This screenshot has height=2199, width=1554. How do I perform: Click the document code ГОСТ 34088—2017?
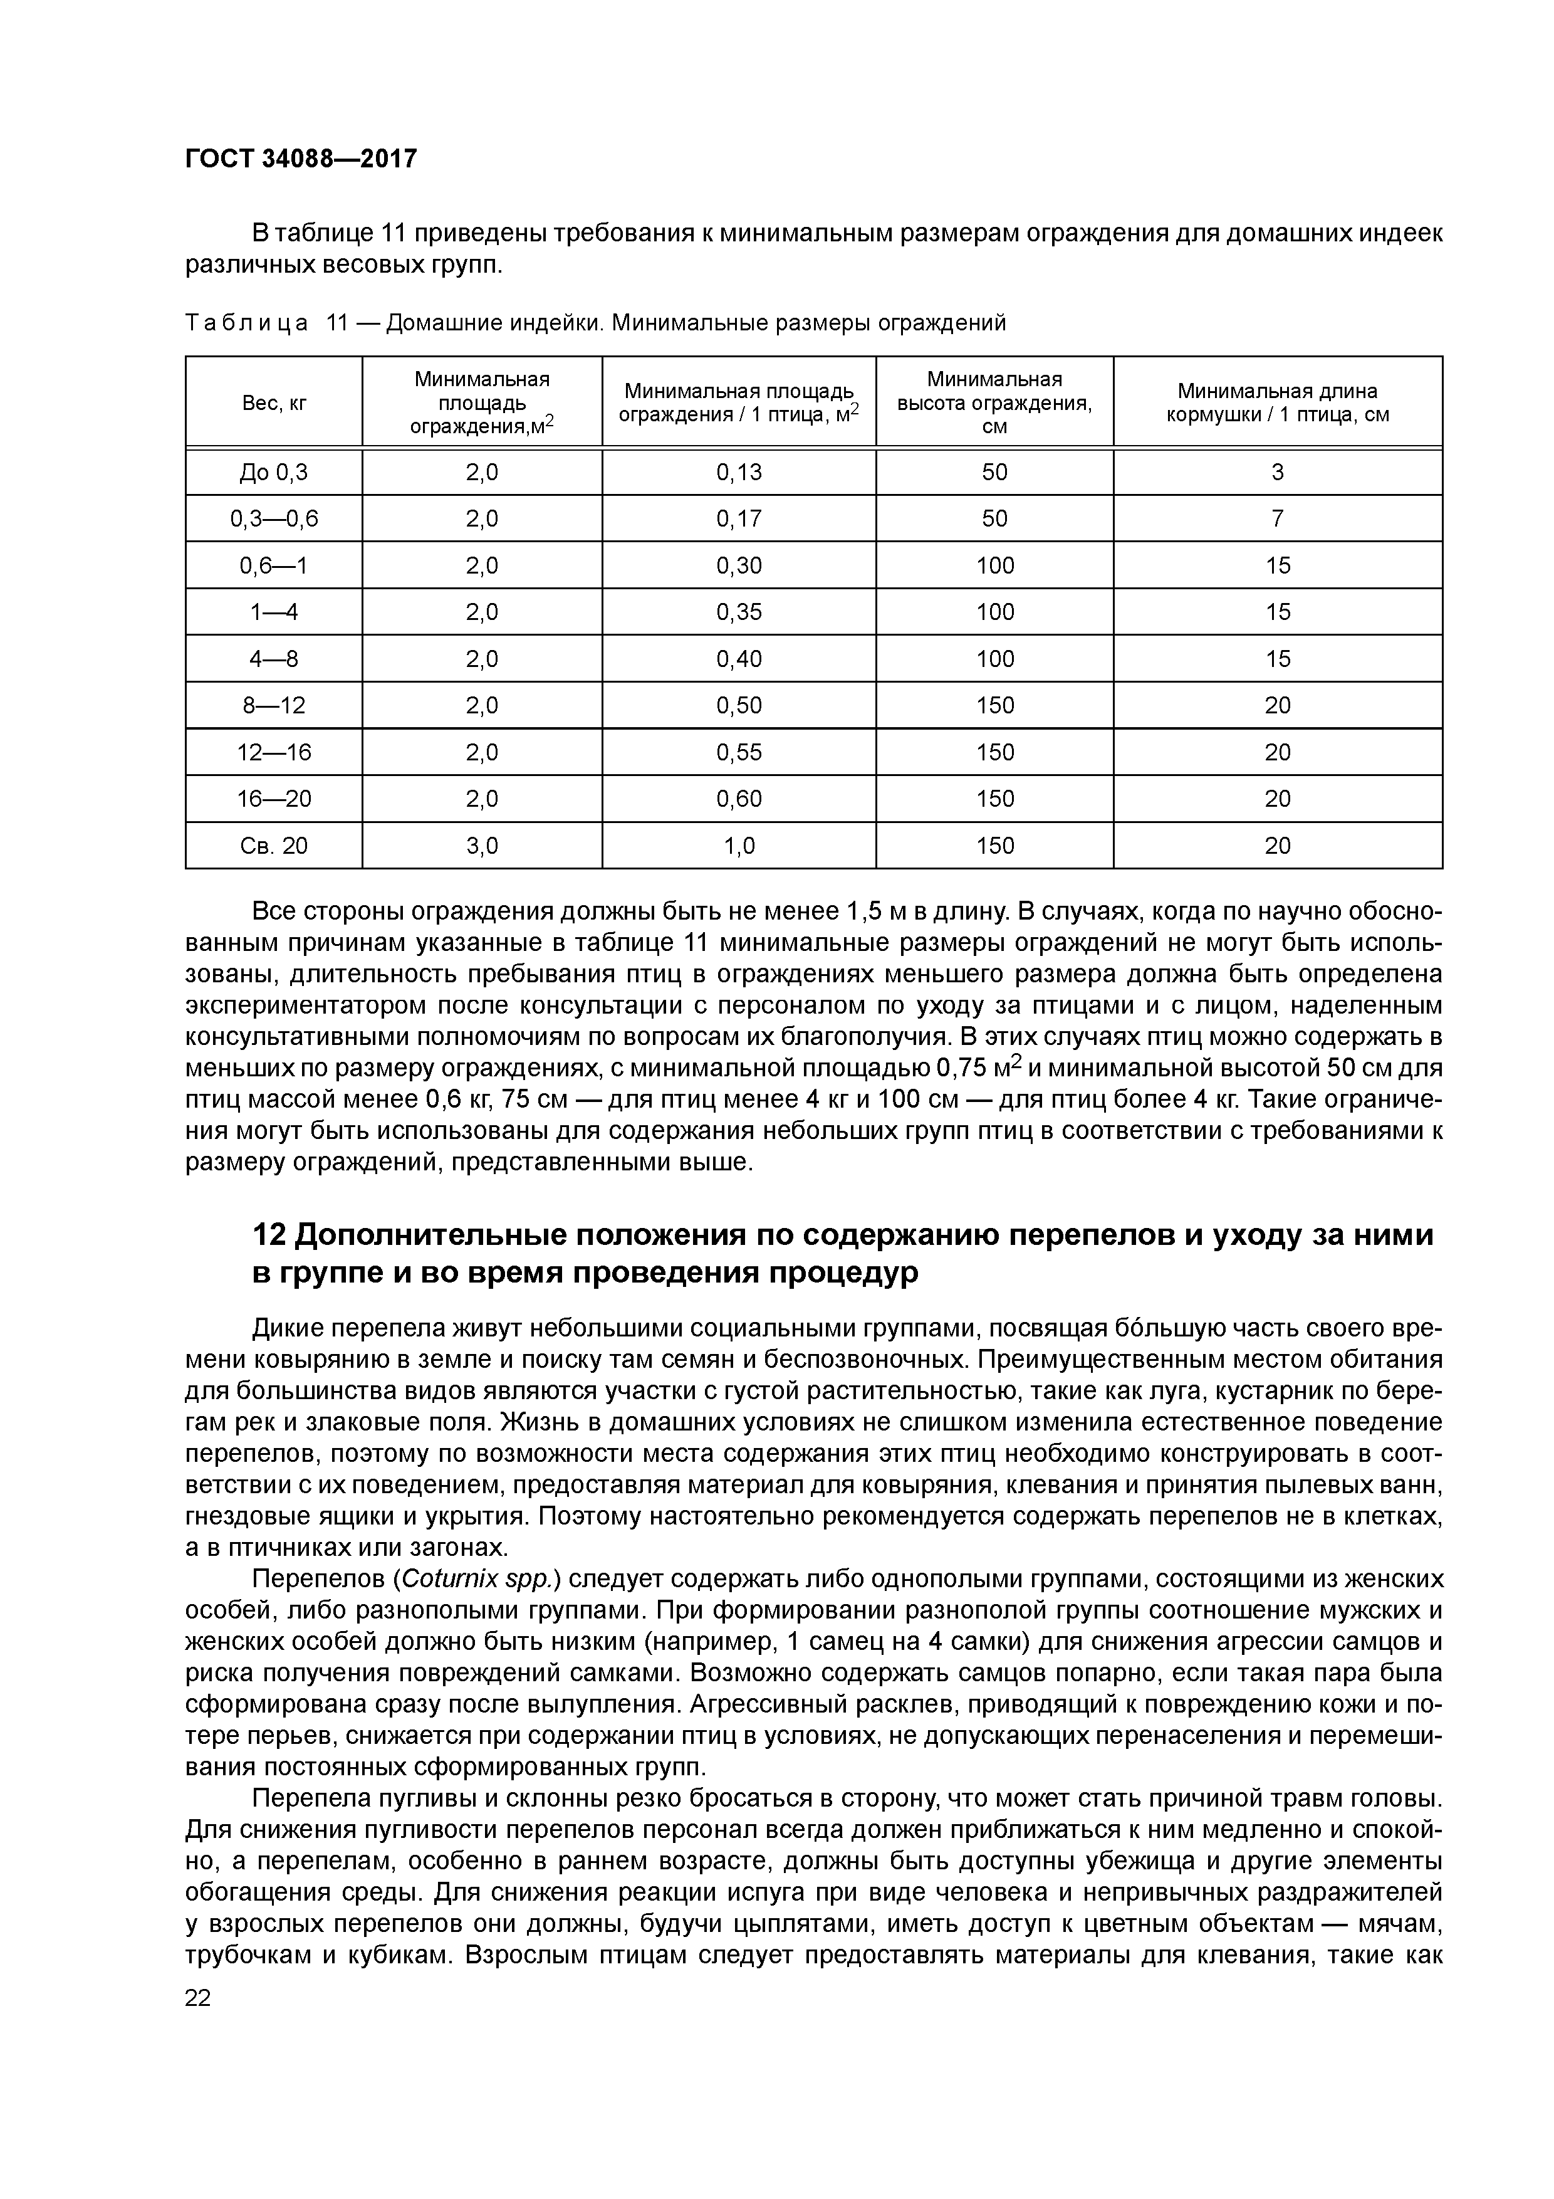pyautogui.click(x=301, y=158)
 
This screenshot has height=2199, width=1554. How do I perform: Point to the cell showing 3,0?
pyautogui.click(x=482, y=846)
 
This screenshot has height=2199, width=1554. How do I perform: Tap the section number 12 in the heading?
pyautogui.click(x=269, y=1236)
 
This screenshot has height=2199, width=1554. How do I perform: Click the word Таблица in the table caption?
pyautogui.click(x=246, y=323)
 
